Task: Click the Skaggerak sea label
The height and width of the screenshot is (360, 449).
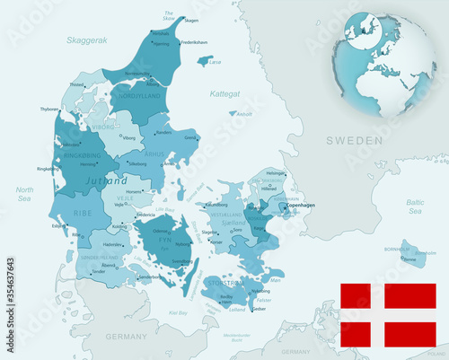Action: coord(85,40)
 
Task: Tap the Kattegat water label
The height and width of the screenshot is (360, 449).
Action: coord(224,92)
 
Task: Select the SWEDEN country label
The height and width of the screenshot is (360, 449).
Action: coord(354,140)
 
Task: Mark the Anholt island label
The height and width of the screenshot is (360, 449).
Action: coord(244,115)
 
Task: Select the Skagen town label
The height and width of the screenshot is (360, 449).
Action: coord(191,19)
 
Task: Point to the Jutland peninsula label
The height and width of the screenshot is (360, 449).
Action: coord(105,180)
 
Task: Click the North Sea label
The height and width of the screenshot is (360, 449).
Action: coord(24,194)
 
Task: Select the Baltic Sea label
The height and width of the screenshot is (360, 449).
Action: coord(414,207)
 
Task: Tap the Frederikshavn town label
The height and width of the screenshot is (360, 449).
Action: coord(194,42)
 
